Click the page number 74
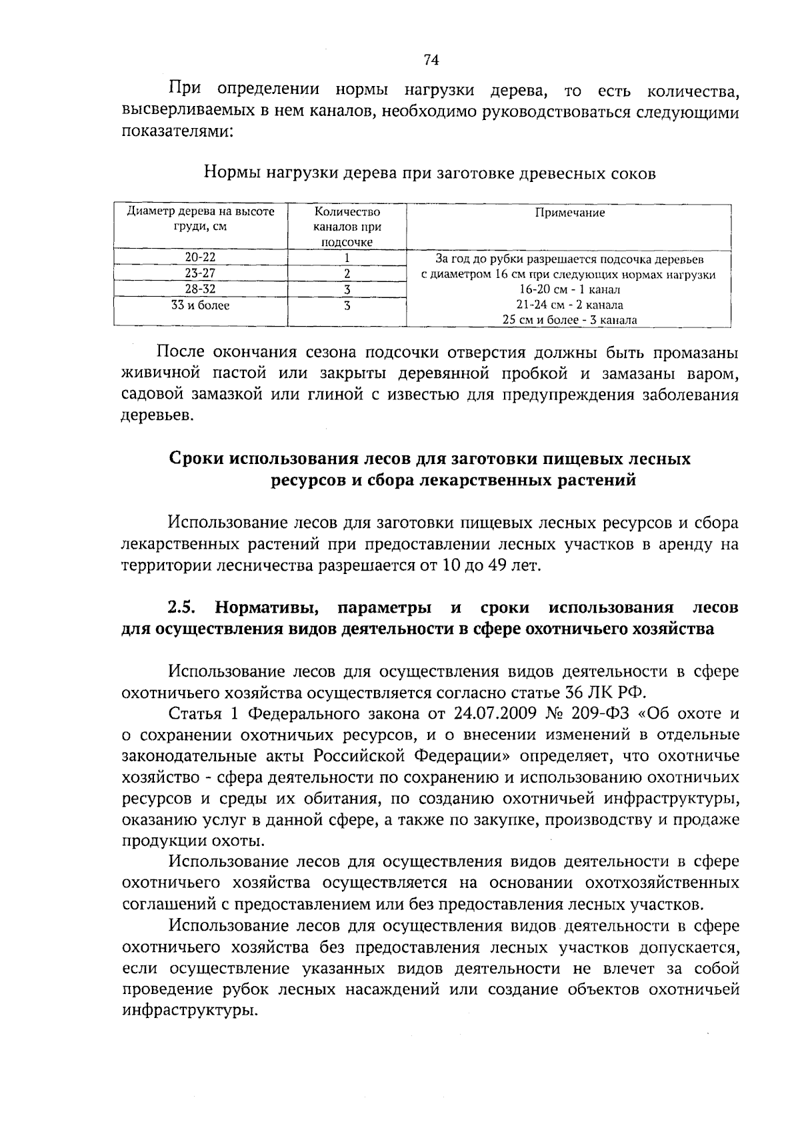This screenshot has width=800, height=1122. click(431, 60)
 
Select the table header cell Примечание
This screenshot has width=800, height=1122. click(569, 213)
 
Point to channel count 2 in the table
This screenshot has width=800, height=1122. click(347, 273)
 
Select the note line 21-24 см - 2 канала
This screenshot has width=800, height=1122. click(569, 305)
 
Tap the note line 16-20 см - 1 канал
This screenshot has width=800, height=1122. click(569, 289)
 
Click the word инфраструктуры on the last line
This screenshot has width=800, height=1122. click(189, 1011)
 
